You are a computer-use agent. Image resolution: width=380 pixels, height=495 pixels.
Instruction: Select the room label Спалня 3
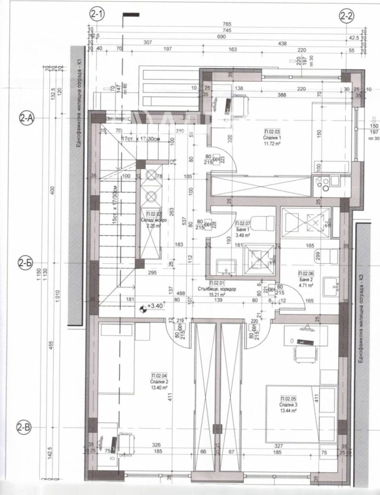[x=288, y=404]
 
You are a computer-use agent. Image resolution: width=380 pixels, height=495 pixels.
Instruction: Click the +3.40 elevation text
[x=156, y=306]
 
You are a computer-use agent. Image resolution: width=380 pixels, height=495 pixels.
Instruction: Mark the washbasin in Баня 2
[x=331, y=286]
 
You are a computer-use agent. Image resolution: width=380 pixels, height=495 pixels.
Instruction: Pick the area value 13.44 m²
[x=288, y=410]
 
